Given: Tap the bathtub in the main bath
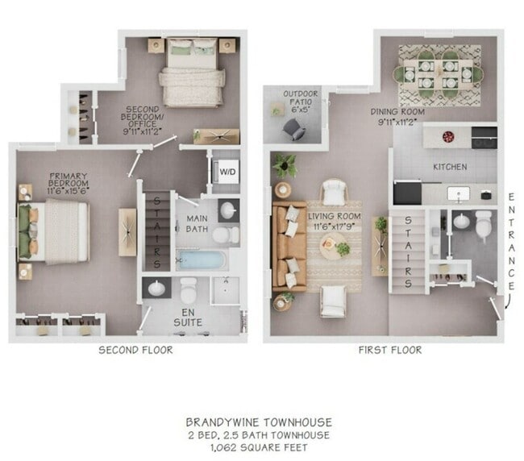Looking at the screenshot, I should (201, 260).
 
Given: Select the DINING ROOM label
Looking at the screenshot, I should (397, 117).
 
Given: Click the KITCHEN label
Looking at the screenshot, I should (451, 167).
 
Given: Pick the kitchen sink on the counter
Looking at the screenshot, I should (459, 193).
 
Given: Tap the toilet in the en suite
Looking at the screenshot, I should (189, 288).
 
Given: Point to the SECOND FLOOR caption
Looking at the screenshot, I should (135, 350).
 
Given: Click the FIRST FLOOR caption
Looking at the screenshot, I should (390, 350).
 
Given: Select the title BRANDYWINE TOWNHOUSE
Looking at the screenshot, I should (259, 421).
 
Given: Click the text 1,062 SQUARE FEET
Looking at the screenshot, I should (259, 447).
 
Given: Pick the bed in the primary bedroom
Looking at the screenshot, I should (56, 231).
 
